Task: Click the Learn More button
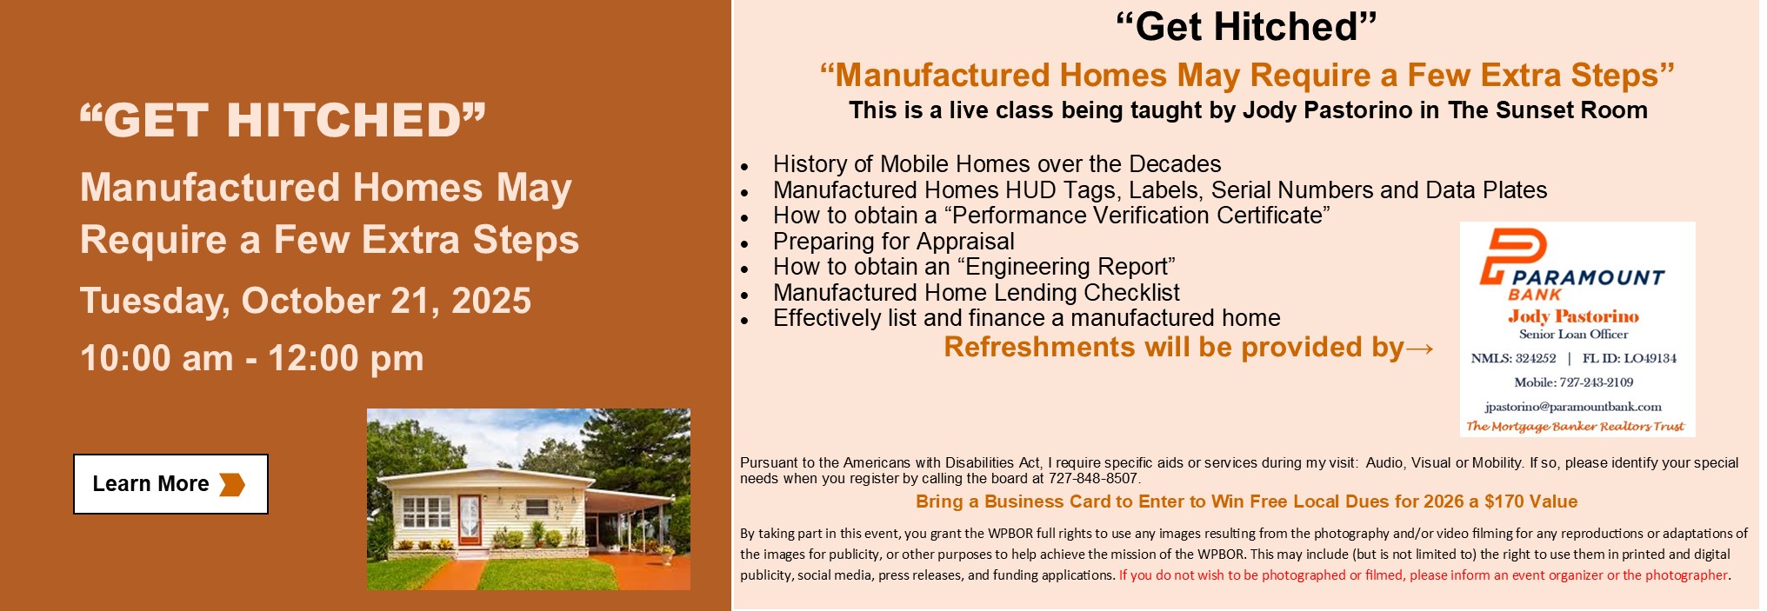pos(170,484)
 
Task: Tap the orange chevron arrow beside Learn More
pos(232,484)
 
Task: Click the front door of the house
pos(470,520)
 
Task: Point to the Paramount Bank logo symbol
pos(1512,256)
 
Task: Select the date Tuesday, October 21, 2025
pos(305,301)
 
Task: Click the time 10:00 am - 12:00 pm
pos(252,358)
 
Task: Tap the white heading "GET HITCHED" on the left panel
pos(283,120)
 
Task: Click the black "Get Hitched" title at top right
pos(1246,27)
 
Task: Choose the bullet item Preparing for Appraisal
pos(894,242)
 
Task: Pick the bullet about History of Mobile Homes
pos(997,164)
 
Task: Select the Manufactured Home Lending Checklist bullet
pos(977,293)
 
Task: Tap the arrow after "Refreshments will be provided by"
pos(1419,349)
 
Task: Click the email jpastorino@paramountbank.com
pos(1573,407)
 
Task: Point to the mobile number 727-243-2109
pos(1597,382)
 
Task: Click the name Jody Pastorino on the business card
pos(1573,316)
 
